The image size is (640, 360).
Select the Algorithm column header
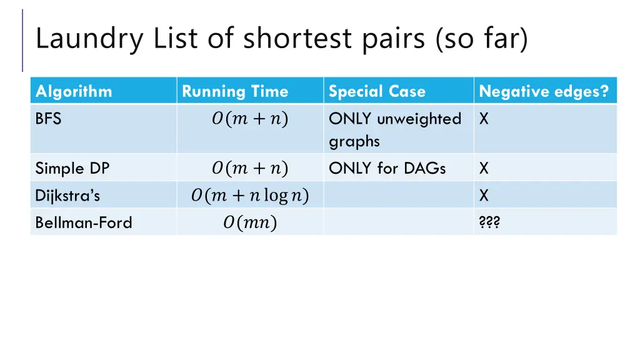[x=74, y=91]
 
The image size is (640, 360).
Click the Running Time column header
[x=235, y=91]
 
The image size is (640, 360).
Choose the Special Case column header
[x=377, y=91]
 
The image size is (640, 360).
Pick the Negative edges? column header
[x=543, y=91]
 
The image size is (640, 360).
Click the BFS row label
[x=48, y=119]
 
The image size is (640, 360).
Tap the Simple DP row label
[x=72, y=168]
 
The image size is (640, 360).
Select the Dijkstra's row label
[x=67, y=196]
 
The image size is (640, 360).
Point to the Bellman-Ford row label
[x=84, y=222]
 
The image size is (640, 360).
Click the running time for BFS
[x=249, y=119]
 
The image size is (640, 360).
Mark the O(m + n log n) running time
[x=249, y=196]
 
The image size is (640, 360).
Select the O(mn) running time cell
[x=249, y=222]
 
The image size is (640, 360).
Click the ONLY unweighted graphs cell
[x=394, y=129]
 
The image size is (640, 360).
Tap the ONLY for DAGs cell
[x=387, y=168]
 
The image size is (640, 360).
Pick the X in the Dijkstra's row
[x=484, y=196]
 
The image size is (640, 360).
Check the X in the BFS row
[x=484, y=119]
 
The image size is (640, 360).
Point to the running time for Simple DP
[x=249, y=168]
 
